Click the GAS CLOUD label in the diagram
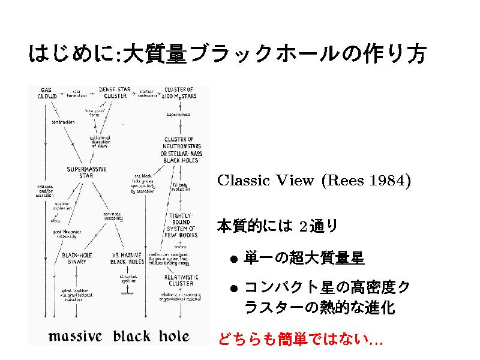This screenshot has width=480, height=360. click(x=47, y=92)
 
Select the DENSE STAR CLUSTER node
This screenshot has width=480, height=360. click(x=115, y=92)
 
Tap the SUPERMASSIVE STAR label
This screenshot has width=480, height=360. click(x=88, y=172)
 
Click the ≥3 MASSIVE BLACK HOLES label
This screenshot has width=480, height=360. click(x=127, y=258)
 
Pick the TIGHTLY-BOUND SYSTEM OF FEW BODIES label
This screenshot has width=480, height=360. click(x=181, y=225)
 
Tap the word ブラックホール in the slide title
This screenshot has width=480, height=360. click(x=247, y=56)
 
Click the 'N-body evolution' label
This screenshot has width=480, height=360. click(x=181, y=187)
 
